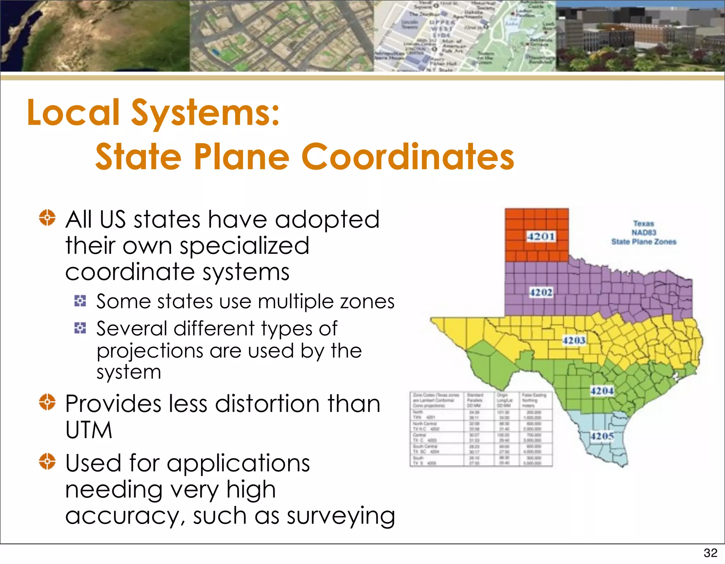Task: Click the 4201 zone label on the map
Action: click(541, 236)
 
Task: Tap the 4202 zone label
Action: click(541, 292)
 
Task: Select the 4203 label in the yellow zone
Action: click(574, 341)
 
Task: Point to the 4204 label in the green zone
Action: click(602, 391)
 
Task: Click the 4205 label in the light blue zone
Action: click(602, 436)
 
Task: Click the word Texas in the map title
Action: click(644, 223)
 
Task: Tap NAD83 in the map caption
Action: click(644, 233)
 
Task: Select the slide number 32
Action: click(710, 553)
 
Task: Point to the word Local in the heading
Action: click(73, 113)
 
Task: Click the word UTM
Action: click(89, 430)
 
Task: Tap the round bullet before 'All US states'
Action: click(47, 217)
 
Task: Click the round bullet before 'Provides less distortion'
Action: click(47, 402)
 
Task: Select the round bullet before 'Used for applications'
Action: click(47, 461)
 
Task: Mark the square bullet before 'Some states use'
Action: click(80, 301)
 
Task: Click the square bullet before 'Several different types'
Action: click(80, 328)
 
